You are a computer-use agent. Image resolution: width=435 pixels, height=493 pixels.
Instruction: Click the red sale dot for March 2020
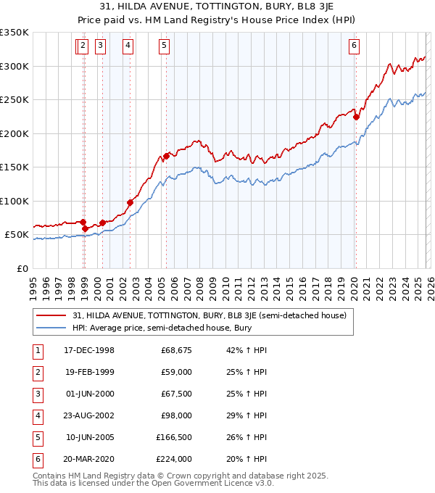pyautogui.click(x=356, y=117)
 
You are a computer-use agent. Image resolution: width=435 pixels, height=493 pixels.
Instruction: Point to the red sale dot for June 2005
pyautogui.click(x=167, y=156)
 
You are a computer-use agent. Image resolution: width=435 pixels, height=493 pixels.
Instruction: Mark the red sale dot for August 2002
pyautogui.click(x=130, y=202)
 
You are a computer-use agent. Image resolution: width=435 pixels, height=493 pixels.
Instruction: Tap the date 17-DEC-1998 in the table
pyautogui.click(x=89, y=350)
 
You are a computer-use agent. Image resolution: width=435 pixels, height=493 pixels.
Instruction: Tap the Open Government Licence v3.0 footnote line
pyautogui.click(x=153, y=482)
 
